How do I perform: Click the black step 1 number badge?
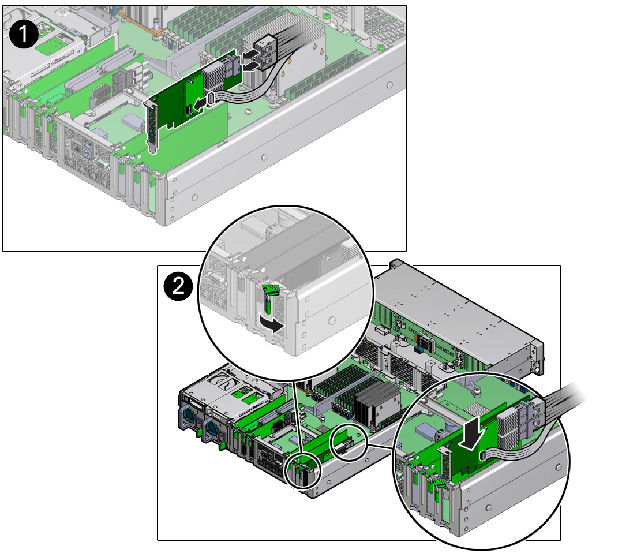(x=24, y=35)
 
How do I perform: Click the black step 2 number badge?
(x=178, y=286)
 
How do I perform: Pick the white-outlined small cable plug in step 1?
(x=211, y=98)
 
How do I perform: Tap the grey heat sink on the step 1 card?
(x=215, y=76)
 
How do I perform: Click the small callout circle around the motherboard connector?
(x=349, y=442)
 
